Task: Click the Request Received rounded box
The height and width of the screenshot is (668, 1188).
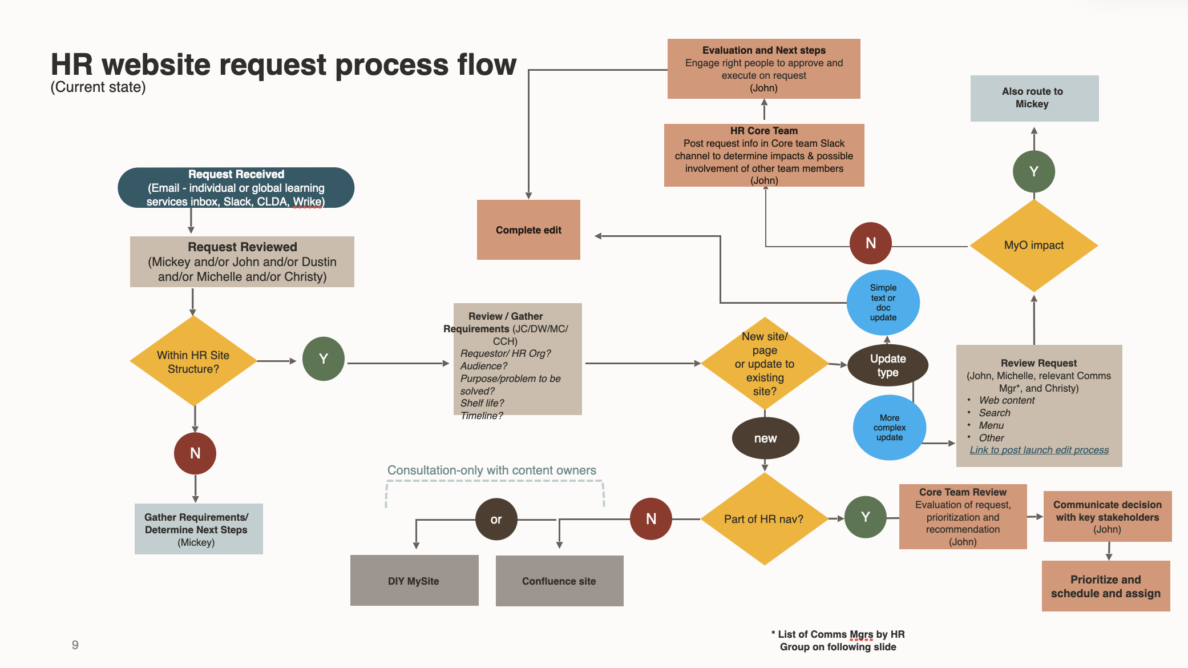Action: pos(236,188)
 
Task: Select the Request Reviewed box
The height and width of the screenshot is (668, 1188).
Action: pos(242,261)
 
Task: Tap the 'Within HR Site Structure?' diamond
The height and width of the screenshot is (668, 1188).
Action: pos(193,362)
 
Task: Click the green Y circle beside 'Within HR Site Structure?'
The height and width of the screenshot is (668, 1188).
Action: pos(324,359)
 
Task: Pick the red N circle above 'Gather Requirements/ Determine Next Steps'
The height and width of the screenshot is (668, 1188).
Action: pos(195,453)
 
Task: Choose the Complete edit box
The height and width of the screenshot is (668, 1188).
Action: pos(528,230)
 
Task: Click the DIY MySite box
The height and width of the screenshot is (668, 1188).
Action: pos(414,581)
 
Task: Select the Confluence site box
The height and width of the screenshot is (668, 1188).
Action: pos(559,581)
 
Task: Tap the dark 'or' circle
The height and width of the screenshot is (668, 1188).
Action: pos(496,520)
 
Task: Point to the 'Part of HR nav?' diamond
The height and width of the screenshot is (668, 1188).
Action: pos(764,519)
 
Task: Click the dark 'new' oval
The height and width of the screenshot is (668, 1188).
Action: pos(765,438)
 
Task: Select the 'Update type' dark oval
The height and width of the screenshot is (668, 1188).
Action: pos(888,365)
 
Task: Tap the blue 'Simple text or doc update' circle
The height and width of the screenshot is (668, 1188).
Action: pos(883,303)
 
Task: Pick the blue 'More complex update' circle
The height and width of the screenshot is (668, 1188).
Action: pos(889,428)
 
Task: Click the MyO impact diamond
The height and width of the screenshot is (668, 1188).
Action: pos(1033,246)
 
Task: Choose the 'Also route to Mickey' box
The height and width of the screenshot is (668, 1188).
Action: pos(1034,98)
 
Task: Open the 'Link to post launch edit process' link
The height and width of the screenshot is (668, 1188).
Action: pos(1039,450)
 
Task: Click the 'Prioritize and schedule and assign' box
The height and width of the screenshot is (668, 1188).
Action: pos(1105,586)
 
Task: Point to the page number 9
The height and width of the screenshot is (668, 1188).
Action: pos(75,645)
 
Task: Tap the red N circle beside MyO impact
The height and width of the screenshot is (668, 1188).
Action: pos(870,243)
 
